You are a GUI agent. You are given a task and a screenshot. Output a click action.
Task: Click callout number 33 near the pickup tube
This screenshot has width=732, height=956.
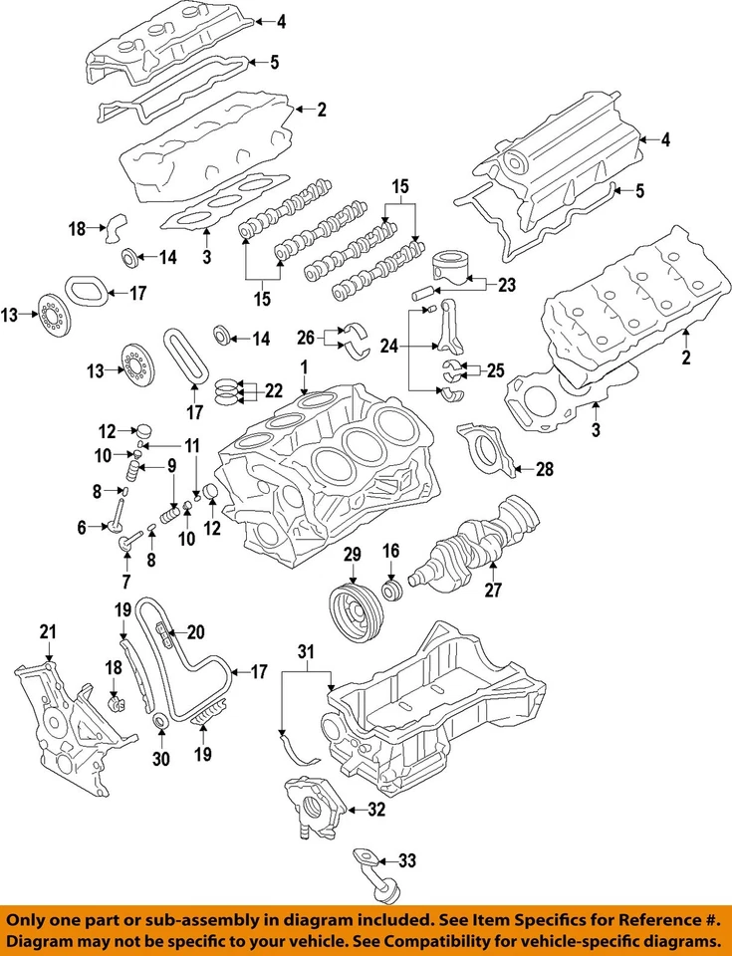[407, 860]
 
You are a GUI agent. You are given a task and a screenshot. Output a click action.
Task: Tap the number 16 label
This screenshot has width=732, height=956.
[391, 549]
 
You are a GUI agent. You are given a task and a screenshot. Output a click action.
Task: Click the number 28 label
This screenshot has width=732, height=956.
[543, 469]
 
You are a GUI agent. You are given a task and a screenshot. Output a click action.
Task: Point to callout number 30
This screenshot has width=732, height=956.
[161, 760]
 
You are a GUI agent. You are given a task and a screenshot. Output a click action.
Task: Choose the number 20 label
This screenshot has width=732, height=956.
[195, 630]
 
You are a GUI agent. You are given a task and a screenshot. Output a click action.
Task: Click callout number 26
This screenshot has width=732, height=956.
[305, 336]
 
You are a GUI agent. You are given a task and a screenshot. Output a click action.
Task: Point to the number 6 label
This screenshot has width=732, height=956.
[83, 529]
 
